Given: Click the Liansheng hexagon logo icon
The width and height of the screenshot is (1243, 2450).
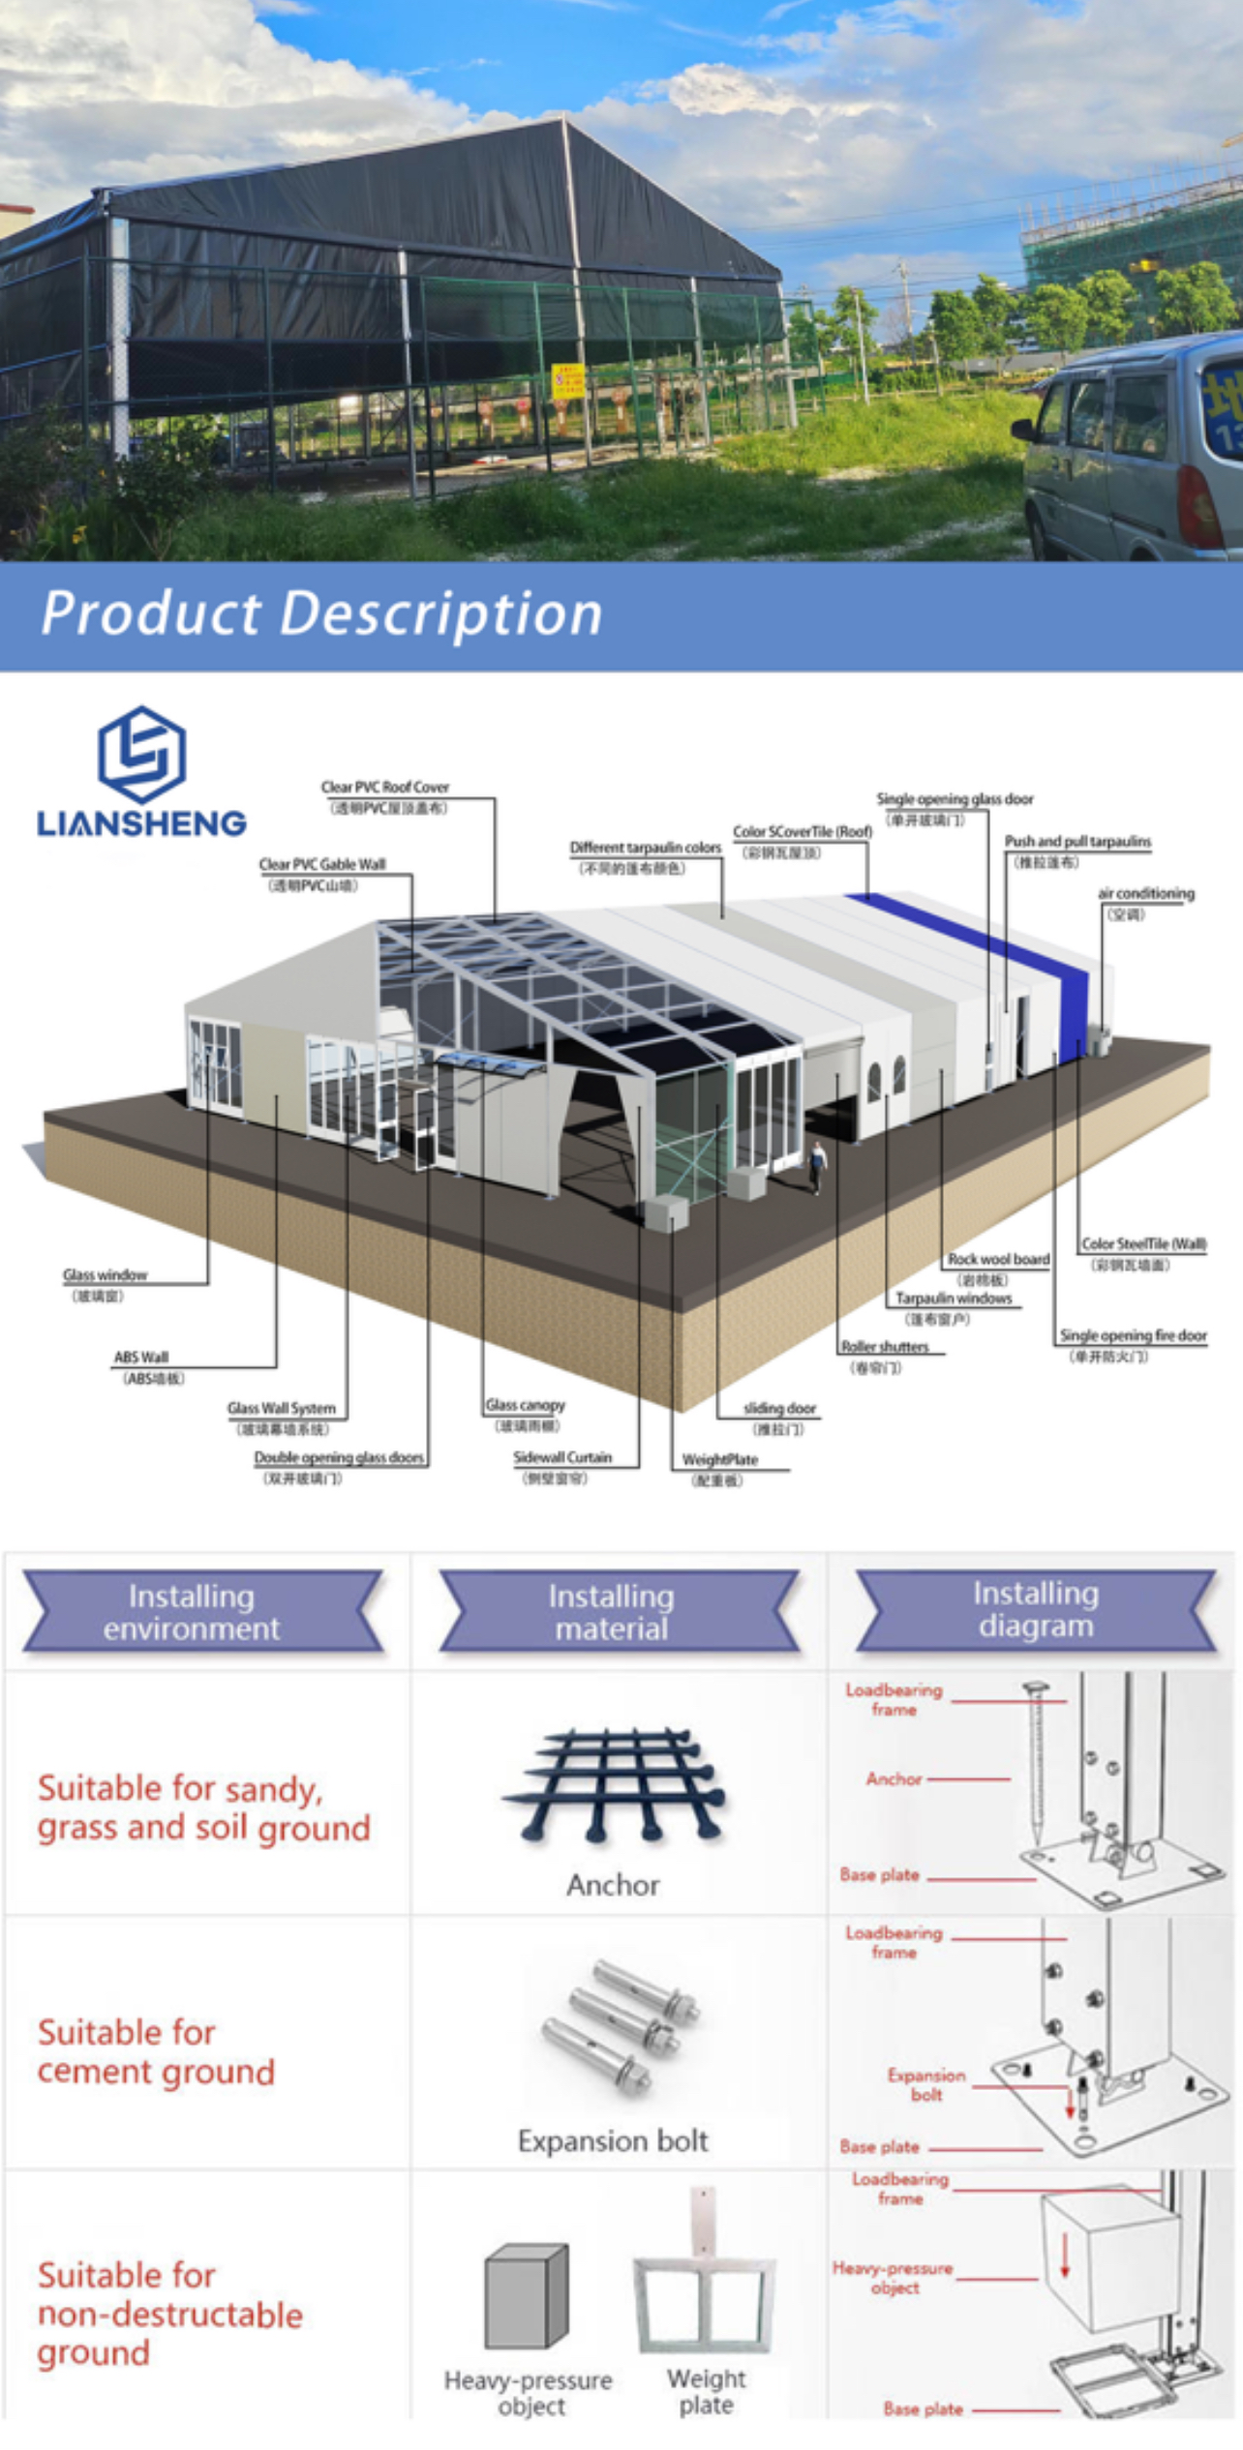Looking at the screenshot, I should pyautogui.click(x=141, y=754).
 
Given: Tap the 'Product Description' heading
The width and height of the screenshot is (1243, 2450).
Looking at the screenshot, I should pyautogui.click(x=321, y=613).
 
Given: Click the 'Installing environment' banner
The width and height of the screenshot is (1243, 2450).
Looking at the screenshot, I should pyautogui.click(x=192, y=1612).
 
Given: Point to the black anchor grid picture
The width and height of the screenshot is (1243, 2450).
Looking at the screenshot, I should pyautogui.click(x=614, y=1783).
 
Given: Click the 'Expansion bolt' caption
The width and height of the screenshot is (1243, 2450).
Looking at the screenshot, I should pyautogui.click(x=614, y=2141).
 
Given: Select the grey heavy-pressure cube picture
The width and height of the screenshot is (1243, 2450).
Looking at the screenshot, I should pyautogui.click(x=526, y=2296).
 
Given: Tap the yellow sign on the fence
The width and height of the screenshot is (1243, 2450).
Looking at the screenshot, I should pyautogui.click(x=567, y=381).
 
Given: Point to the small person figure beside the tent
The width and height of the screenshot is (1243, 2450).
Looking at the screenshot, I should pyautogui.click(x=818, y=1166).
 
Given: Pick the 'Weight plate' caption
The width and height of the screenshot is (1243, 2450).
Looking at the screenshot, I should pyautogui.click(x=707, y=2392).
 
